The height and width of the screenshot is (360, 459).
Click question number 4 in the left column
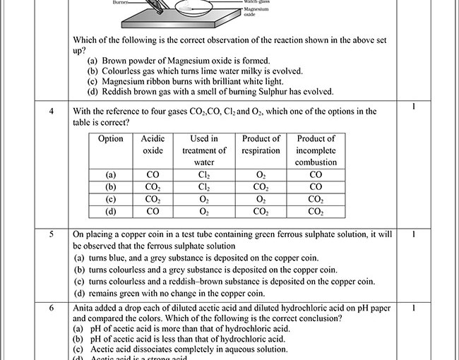pos(52,112)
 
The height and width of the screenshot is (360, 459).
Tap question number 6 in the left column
pos(52,308)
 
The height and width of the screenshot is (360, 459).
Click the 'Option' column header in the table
pos(111,139)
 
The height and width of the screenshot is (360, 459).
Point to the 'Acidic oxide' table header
pos(153,145)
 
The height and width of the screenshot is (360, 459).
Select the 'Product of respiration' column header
pos(261,145)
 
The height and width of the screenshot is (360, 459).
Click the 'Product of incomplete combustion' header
pos(316,150)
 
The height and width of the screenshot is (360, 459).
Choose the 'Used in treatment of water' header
pos(204,150)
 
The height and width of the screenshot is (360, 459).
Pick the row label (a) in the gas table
pos(111,175)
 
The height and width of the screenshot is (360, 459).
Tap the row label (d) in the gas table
pos(111,211)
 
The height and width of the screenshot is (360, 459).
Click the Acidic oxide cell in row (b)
pos(153,187)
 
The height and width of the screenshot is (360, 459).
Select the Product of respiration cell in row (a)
pos(261,175)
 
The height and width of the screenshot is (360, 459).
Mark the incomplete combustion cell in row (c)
pos(316,199)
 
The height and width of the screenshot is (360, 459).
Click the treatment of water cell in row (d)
pos(204,211)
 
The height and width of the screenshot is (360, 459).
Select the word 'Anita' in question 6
pos(85,308)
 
